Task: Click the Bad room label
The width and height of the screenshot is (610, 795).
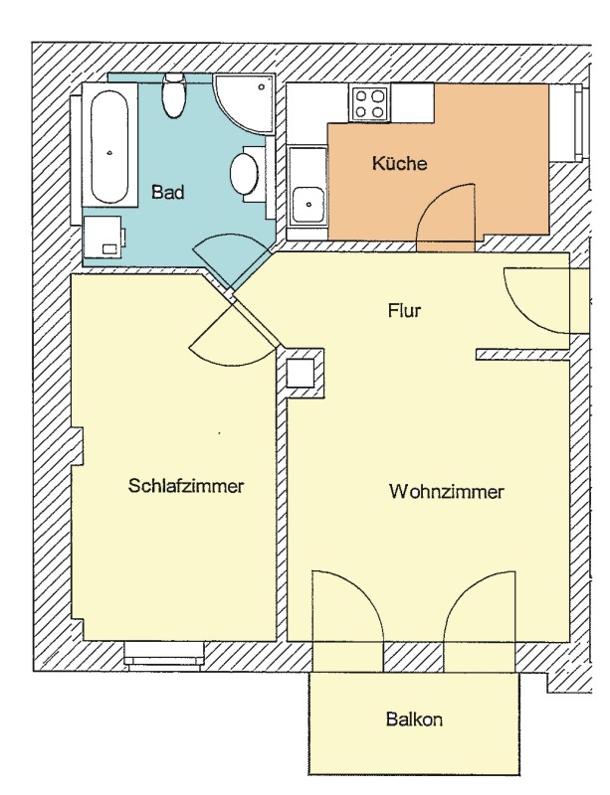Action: click(x=167, y=193)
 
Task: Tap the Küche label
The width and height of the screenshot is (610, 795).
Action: click(x=399, y=163)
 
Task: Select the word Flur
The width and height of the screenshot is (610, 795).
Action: click(x=404, y=310)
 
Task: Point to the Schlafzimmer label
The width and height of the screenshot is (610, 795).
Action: click(x=186, y=486)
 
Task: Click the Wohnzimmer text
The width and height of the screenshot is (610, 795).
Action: click(x=447, y=491)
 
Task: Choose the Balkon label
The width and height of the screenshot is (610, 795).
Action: click(x=414, y=718)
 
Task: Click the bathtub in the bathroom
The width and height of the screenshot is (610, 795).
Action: click(x=109, y=147)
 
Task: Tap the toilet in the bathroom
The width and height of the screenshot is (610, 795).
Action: click(x=173, y=94)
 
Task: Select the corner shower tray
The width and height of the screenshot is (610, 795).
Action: click(x=245, y=104)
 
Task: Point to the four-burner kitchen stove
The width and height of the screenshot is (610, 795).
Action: click(x=370, y=103)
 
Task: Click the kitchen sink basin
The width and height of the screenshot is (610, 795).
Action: click(x=308, y=205)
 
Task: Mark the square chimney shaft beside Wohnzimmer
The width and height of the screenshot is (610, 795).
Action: click(x=300, y=374)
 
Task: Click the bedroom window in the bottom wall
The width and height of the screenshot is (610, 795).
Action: click(x=164, y=654)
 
